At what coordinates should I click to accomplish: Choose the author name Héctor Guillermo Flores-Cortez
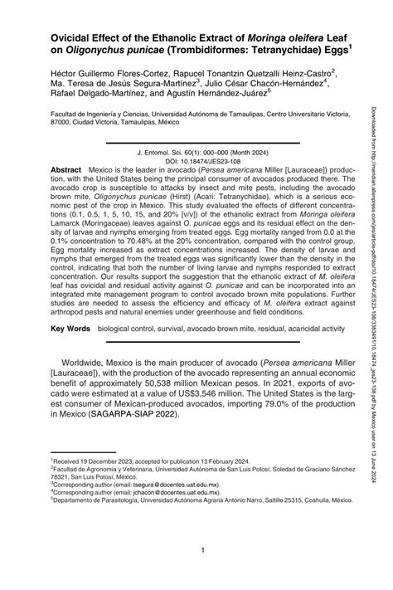tap(88, 74)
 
